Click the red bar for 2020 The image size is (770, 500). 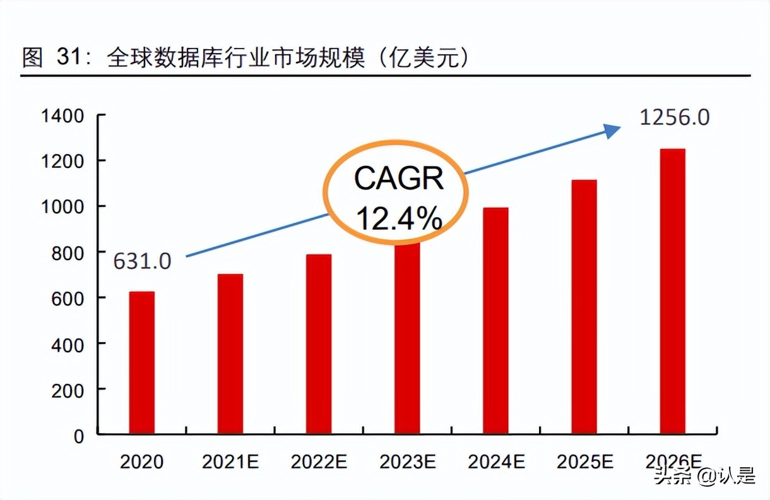141,362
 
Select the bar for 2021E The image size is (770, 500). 230,354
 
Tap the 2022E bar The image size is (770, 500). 319,344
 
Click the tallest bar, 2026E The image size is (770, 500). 673,291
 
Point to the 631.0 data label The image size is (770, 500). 142,261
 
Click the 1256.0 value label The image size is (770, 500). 675,118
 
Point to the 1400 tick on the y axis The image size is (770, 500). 62,116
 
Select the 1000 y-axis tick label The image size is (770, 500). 62,207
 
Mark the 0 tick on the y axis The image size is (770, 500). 78,436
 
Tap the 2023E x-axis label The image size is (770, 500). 407,461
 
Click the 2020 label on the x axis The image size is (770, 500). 141,461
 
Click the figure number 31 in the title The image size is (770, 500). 68,57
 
